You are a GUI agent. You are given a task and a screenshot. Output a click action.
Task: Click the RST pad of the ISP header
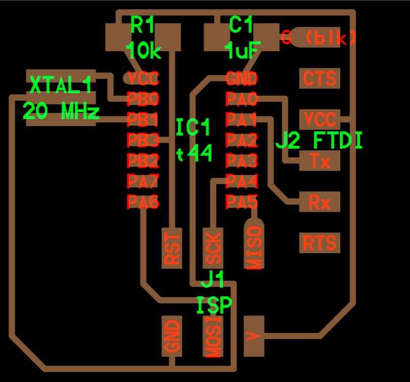pyautogui.click(x=173, y=248)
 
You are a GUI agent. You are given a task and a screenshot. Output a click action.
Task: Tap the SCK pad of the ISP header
pyautogui.click(x=213, y=248)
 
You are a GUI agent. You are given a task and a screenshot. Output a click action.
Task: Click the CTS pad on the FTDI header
pyautogui.click(x=319, y=79)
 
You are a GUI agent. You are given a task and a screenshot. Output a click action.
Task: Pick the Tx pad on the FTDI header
pyautogui.click(x=319, y=161)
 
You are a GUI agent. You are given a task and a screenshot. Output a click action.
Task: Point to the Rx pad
pyautogui.click(x=319, y=202)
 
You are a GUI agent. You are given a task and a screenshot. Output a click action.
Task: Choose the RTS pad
pyautogui.click(x=319, y=243)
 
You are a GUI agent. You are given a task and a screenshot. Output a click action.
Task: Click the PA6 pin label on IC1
pyautogui.click(x=143, y=202)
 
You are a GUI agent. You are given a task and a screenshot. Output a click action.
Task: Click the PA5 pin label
pyautogui.click(x=241, y=202)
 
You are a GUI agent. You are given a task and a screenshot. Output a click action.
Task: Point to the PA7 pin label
pyautogui.click(x=143, y=181)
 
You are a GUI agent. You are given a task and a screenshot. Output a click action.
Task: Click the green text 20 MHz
pyautogui.click(x=61, y=110)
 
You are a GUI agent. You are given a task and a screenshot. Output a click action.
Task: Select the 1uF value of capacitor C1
pyautogui.click(x=242, y=50)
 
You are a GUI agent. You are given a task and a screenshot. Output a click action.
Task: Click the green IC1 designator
pyautogui.click(x=193, y=128)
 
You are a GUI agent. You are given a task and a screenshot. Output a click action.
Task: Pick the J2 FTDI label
pyautogui.click(x=319, y=140)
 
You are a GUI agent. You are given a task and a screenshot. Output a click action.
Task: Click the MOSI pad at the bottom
pyautogui.click(x=213, y=336)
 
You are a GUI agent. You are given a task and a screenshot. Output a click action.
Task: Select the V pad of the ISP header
pyautogui.click(x=254, y=335)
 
